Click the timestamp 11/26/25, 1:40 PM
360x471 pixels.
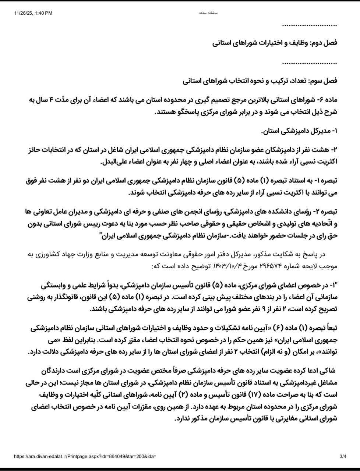coord(33,13)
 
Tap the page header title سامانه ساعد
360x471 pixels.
coord(208,13)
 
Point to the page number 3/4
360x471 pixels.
coord(343,457)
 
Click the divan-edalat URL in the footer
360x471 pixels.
coord(85,457)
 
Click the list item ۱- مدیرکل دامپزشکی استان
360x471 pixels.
coord(299,131)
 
